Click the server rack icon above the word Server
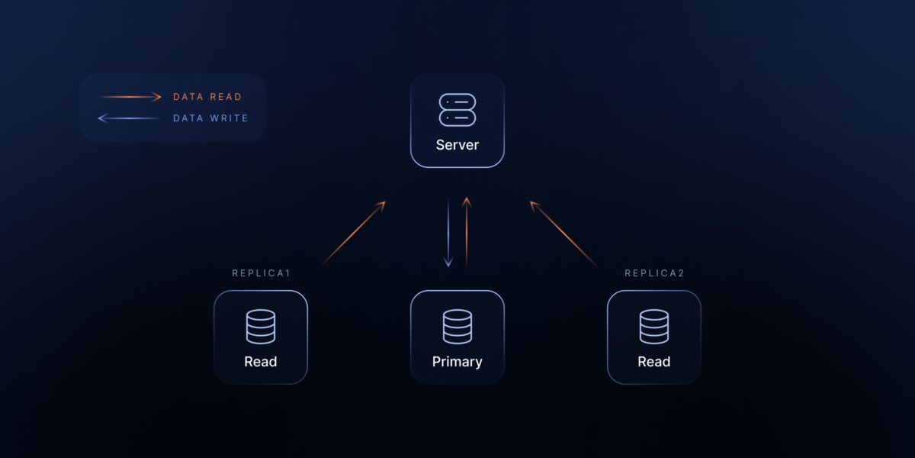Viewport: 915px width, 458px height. click(457, 110)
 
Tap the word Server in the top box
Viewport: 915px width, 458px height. click(457, 145)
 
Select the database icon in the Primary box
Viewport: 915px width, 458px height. click(457, 326)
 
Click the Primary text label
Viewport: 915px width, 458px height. click(457, 362)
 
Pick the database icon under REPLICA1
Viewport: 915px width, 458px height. click(261, 326)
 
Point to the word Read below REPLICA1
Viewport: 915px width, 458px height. click(261, 362)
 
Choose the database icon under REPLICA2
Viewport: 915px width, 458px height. click(654, 326)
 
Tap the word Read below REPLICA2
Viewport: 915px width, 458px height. click(654, 362)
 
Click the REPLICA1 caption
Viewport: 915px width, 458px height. click(261, 273)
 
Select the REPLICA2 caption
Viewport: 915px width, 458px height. click(654, 273)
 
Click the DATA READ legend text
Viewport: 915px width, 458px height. click(207, 97)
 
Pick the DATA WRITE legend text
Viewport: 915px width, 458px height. click(210, 118)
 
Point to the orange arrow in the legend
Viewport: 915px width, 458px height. click(130, 97)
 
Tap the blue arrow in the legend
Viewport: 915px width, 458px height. click(130, 118)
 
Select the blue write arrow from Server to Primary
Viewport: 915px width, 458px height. click(448, 233)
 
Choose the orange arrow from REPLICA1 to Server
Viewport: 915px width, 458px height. click(354, 233)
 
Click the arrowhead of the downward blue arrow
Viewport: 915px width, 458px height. click(448, 263)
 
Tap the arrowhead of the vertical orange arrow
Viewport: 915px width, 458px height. click(467, 202)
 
